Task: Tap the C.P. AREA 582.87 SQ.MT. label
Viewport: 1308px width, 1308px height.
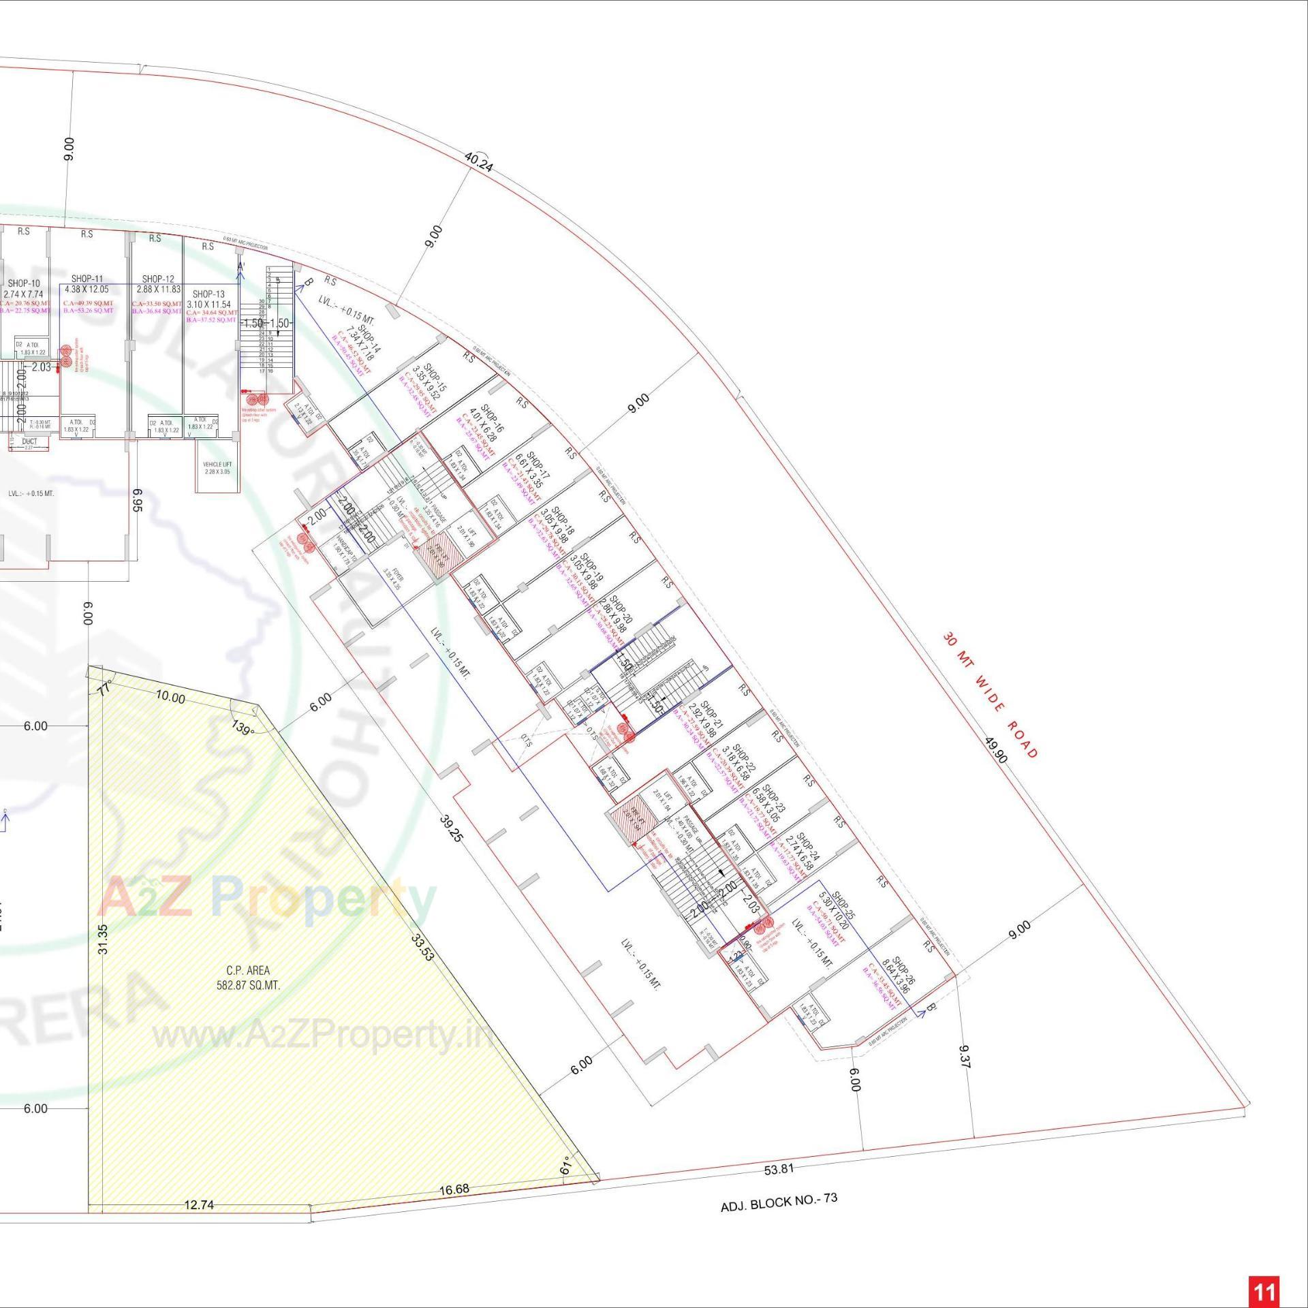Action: (x=248, y=978)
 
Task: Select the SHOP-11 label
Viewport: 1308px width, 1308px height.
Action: (x=87, y=279)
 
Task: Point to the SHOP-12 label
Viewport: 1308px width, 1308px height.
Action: (x=158, y=279)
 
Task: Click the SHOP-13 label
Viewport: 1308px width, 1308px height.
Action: (x=208, y=294)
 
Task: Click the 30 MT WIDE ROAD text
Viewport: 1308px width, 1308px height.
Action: (x=991, y=696)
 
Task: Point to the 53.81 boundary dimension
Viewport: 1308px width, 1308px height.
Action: (x=779, y=1169)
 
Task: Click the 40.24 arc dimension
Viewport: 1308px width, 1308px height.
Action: (x=478, y=161)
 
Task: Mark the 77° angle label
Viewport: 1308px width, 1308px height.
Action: (x=105, y=689)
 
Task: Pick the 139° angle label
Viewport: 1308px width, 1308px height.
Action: (x=242, y=728)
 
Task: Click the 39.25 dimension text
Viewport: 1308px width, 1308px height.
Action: (x=450, y=827)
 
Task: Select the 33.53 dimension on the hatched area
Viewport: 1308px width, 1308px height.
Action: (x=422, y=946)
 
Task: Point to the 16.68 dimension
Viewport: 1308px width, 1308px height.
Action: (x=454, y=1189)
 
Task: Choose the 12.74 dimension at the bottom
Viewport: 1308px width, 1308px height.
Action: (x=199, y=1204)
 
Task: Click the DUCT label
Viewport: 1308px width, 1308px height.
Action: (x=29, y=441)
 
